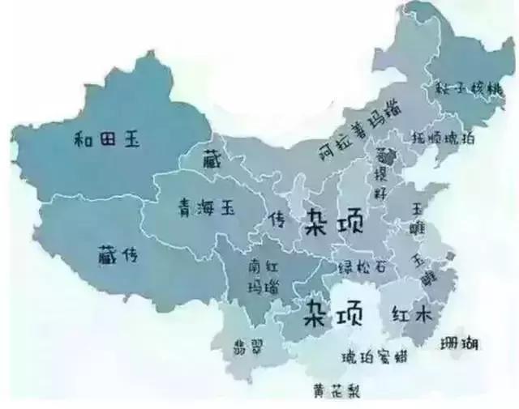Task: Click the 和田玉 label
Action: click(x=105, y=139)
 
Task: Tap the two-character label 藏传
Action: click(x=115, y=254)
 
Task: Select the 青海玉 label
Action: click(x=206, y=208)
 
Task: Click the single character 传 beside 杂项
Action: click(x=278, y=219)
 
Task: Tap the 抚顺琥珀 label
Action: click(x=443, y=138)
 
